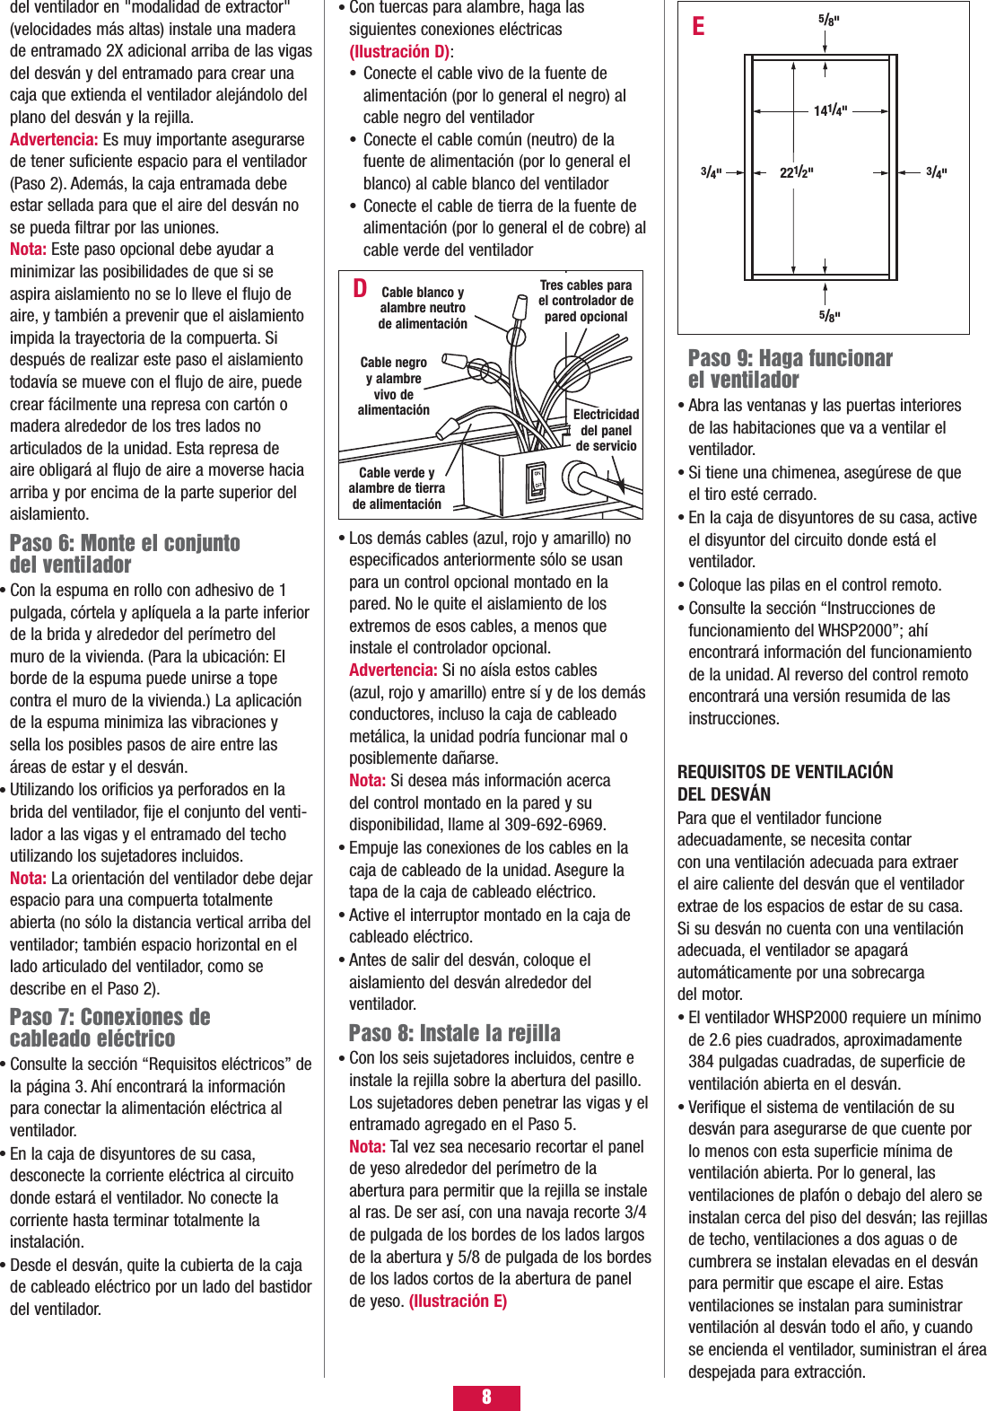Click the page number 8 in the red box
[486, 1397]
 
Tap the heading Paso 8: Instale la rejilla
[454, 1032]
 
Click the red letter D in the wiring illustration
[360, 288]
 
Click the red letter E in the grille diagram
[698, 26]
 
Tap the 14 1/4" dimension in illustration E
[830, 110]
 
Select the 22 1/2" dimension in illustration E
[796, 172]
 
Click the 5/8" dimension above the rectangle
[828, 20]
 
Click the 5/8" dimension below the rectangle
[828, 315]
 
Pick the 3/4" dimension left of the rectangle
[711, 172]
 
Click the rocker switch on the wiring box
[537, 482]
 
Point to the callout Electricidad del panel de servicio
[606, 430]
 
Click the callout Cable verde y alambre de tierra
[397, 488]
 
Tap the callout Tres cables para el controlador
[585, 301]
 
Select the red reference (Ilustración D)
[399, 51]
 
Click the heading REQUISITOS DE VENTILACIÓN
[785, 772]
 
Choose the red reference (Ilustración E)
[458, 1301]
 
